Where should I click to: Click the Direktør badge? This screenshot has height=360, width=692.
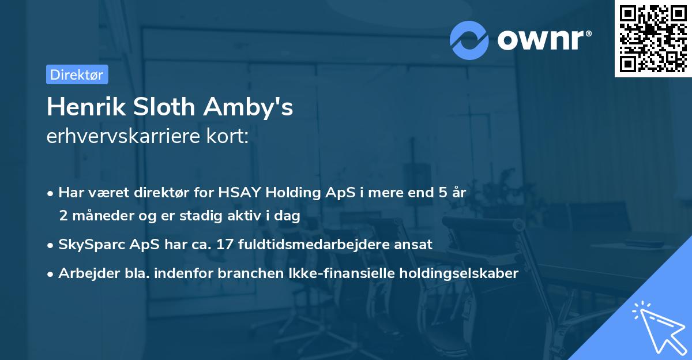pos(77,74)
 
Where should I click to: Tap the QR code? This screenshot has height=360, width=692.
pos(652,38)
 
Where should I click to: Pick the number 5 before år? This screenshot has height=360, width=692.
pos(443,193)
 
